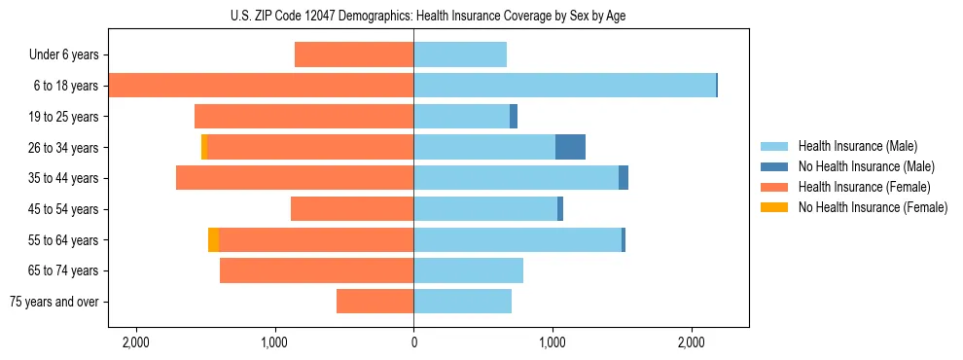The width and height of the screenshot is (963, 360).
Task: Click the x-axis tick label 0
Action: click(413, 342)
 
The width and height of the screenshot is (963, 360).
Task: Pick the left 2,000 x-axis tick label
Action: click(135, 342)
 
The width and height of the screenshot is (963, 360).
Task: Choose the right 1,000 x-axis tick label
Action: click(553, 342)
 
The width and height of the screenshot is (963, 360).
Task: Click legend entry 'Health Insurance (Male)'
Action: click(858, 146)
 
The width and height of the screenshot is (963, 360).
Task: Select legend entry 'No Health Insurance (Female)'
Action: click(873, 207)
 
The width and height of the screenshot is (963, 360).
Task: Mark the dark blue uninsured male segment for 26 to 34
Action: click(570, 147)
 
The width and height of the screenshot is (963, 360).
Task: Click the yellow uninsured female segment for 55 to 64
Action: click(213, 239)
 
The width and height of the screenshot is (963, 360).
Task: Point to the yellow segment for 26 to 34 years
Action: click(204, 147)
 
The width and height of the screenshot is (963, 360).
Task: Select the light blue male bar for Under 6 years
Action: click(460, 55)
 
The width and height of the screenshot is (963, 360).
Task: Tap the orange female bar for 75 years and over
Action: click(374, 302)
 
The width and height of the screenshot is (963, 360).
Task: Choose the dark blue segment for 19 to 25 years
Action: click(514, 117)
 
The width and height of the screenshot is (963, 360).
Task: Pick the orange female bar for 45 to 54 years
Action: click(352, 209)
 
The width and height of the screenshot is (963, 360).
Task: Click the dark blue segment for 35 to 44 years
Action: click(624, 178)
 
